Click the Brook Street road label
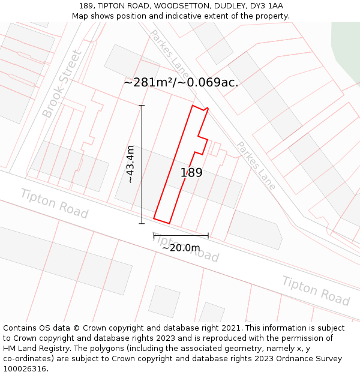point(62,83)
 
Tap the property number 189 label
point(191,173)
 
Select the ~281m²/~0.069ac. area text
point(181,82)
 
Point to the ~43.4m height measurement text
point(130,164)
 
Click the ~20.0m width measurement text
point(181,247)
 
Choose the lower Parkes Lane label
point(255,166)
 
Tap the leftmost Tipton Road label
point(54,203)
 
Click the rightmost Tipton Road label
point(316,290)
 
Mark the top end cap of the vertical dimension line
point(142,106)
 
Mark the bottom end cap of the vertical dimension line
point(142,224)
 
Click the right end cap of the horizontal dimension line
point(208,235)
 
